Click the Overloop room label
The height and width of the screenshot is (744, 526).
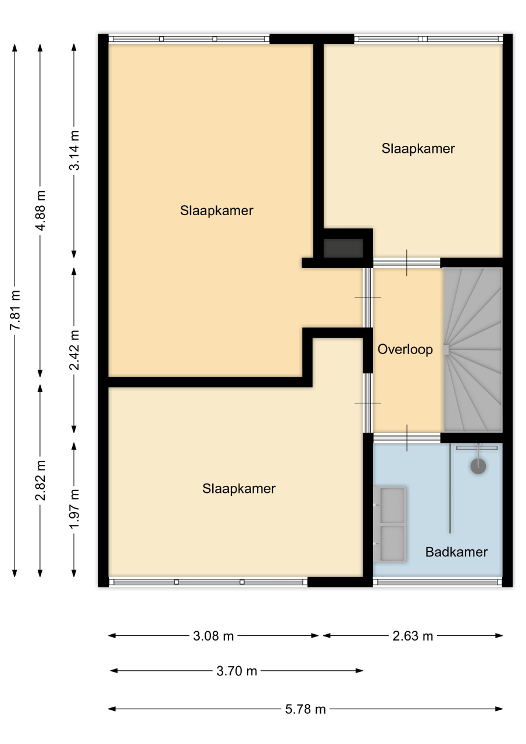pos(405,349)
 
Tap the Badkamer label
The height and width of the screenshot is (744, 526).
pos(456,552)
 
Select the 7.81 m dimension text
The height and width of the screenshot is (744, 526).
pos(16,310)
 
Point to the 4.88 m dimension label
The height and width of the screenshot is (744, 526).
pos(41,210)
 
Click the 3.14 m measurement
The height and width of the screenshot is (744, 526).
pos(74,151)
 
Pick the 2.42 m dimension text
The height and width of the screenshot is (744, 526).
pos(74,350)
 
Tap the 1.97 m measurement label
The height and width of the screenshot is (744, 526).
pos(74,509)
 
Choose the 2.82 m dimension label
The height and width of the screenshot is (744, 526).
pos(41,480)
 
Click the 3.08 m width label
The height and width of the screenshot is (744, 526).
pos(213,636)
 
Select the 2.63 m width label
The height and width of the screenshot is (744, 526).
pos(413,636)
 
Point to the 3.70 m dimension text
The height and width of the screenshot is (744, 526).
pos(237,671)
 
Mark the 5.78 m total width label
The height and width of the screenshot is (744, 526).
pos(306,709)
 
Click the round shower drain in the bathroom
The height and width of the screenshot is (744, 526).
pos(478,466)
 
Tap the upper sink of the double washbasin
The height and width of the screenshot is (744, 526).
pos(392,506)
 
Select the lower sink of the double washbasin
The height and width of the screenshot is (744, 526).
pos(392,543)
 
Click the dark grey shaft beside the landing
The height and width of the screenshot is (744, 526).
pos(343,248)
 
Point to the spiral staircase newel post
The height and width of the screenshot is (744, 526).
pos(446,350)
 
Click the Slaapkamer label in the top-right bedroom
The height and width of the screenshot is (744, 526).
pos(418,148)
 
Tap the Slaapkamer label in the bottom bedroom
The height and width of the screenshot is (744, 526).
pos(239,489)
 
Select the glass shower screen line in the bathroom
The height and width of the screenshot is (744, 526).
pos(450,488)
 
